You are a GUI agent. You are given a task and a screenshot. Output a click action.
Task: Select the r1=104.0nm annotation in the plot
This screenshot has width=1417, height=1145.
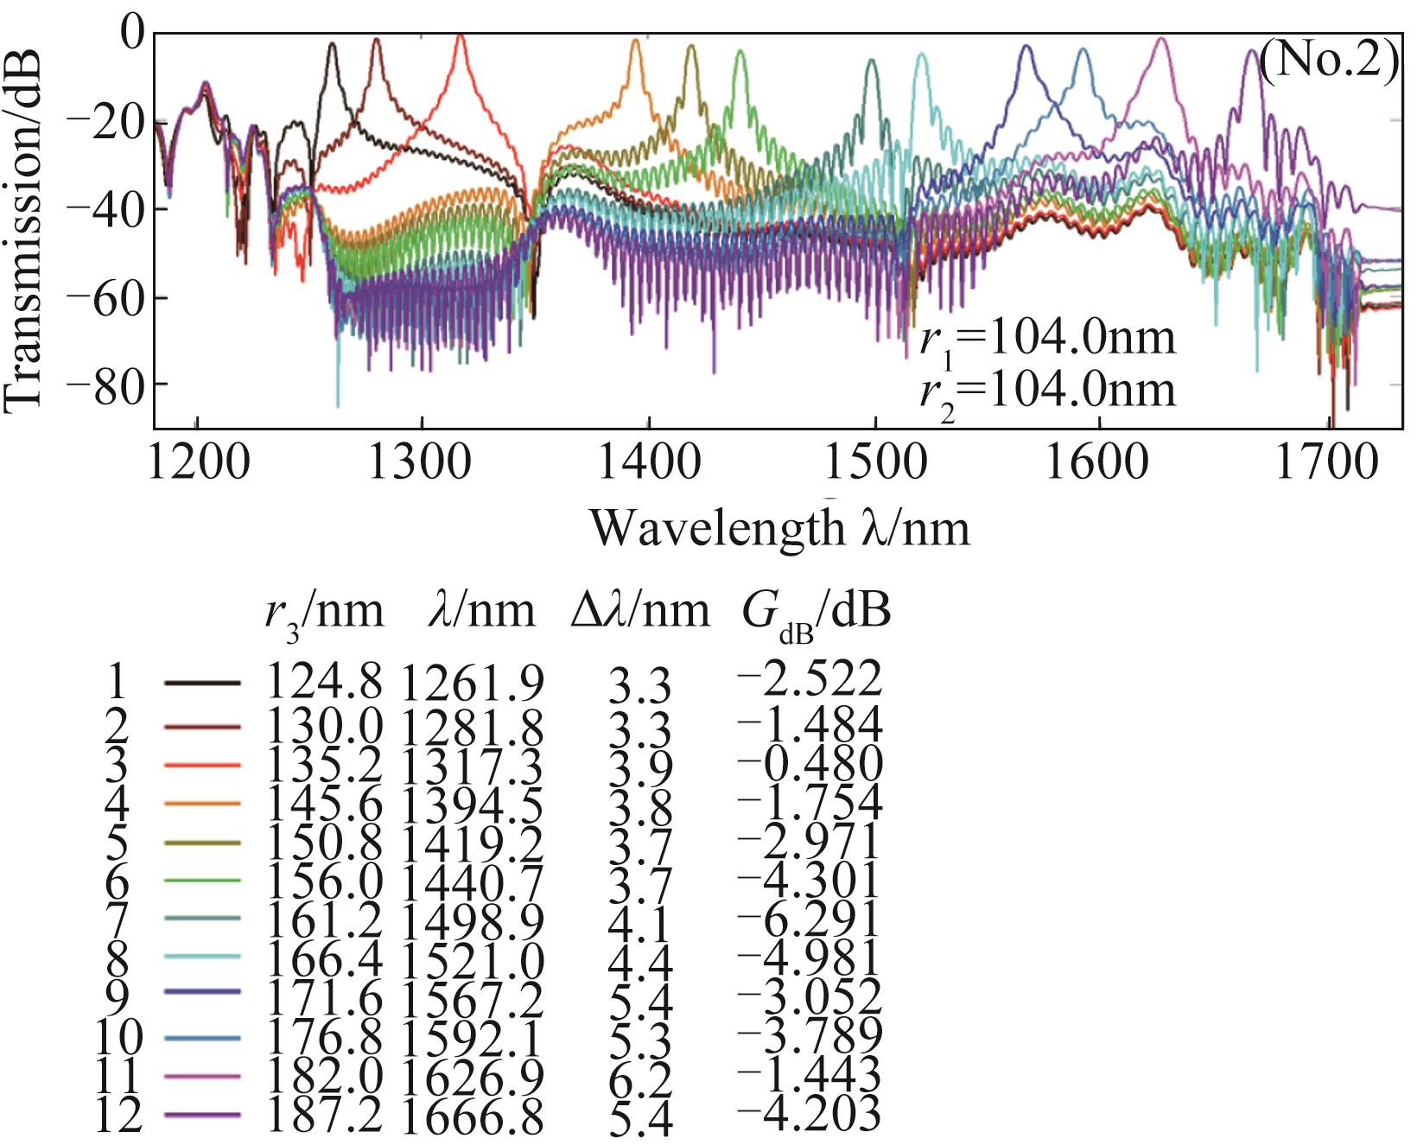[x=1046, y=338]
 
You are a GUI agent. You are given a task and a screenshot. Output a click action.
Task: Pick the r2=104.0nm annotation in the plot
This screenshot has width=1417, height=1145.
[x=1046, y=389]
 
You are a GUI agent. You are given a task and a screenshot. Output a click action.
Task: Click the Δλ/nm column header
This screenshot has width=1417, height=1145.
[x=639, y=612]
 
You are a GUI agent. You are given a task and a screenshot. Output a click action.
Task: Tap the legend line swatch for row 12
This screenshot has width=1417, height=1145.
[x=200, y=1116]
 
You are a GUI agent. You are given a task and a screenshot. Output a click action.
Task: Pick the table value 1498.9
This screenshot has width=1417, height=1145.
[x=472, y=923]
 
